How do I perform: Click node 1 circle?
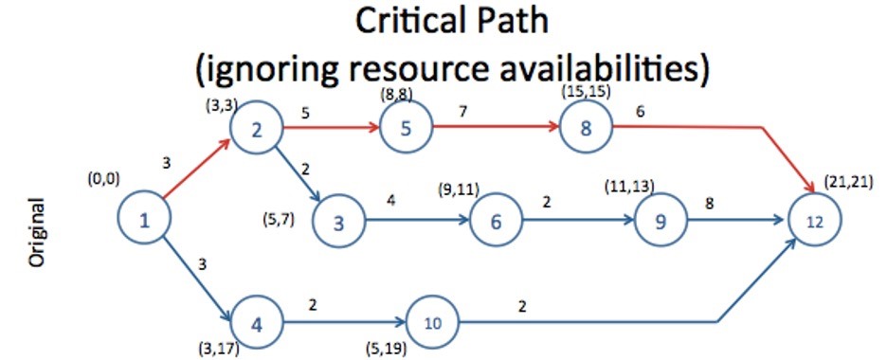coord(144,221)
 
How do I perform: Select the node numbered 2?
coord(257,132)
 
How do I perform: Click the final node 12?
coord(813,221)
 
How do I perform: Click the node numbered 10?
coord(432,322)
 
